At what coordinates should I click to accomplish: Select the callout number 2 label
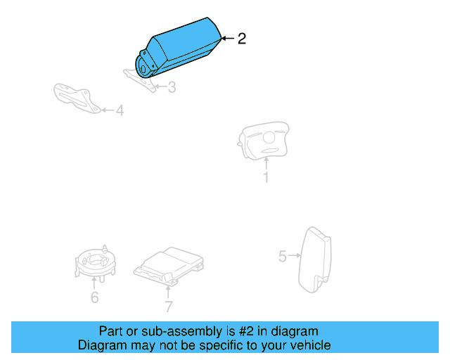pyautogui.click(x=242, y=39)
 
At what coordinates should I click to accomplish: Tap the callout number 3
pyautogui.click(x=172, y=87)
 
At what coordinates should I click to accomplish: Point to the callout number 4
pyautogui.click(x=120, y=110)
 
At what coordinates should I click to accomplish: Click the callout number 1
pyautogui.click(x=266, y=177)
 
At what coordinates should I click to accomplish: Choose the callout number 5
pyautogui.click(x=283, y=257)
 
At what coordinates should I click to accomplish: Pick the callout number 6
pyautogui.click(x=94, y=297)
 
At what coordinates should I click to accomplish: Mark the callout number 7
pyautogui.click(x=169, y=306)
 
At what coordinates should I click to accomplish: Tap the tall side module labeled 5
pyautogui.click(x=316, y=258)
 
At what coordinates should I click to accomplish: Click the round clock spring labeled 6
pyautogui.click(x=94, y=262)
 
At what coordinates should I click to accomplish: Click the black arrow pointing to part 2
pyautogui.click(x=226, y=39)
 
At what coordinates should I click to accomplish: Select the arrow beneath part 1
pyautogui.click(x=266, y=163)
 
